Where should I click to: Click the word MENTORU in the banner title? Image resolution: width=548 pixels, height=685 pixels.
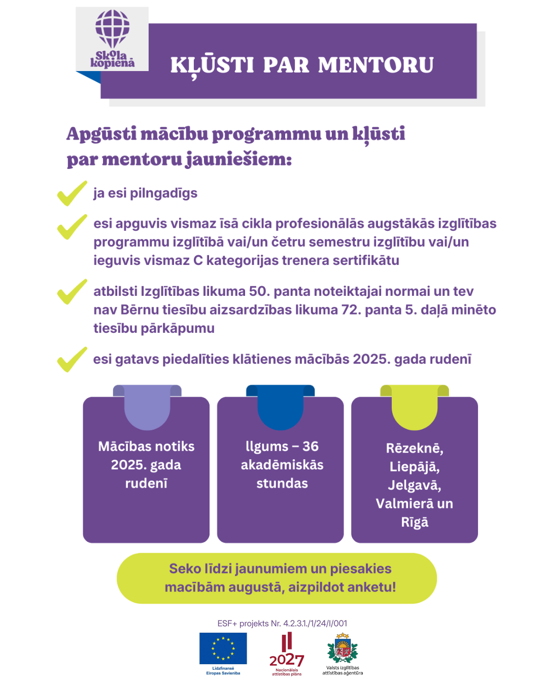point(376,65)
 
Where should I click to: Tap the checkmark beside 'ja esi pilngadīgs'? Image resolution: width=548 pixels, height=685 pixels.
point(72,193)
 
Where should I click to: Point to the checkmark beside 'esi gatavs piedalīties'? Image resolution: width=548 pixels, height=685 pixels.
point(72,359)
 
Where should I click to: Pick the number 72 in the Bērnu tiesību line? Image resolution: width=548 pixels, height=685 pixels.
point(351,310)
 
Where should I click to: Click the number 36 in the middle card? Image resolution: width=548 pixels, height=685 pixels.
point(311,447)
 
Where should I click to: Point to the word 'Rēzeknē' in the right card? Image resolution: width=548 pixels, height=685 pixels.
point(415,449)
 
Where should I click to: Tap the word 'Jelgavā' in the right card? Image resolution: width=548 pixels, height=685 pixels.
point(415,485)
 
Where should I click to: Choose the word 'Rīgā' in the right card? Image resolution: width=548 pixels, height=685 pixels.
point(415,522)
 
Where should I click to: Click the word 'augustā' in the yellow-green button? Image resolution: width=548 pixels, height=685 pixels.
point(256,587)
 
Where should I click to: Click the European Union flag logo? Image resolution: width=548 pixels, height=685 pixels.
point(223,648)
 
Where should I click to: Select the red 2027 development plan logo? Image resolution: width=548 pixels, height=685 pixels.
point(287,654)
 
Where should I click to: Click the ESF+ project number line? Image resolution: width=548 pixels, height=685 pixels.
point(282,623)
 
